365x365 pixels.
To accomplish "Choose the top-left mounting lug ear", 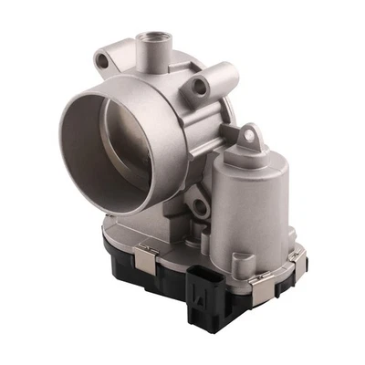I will tap(102, 61).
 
